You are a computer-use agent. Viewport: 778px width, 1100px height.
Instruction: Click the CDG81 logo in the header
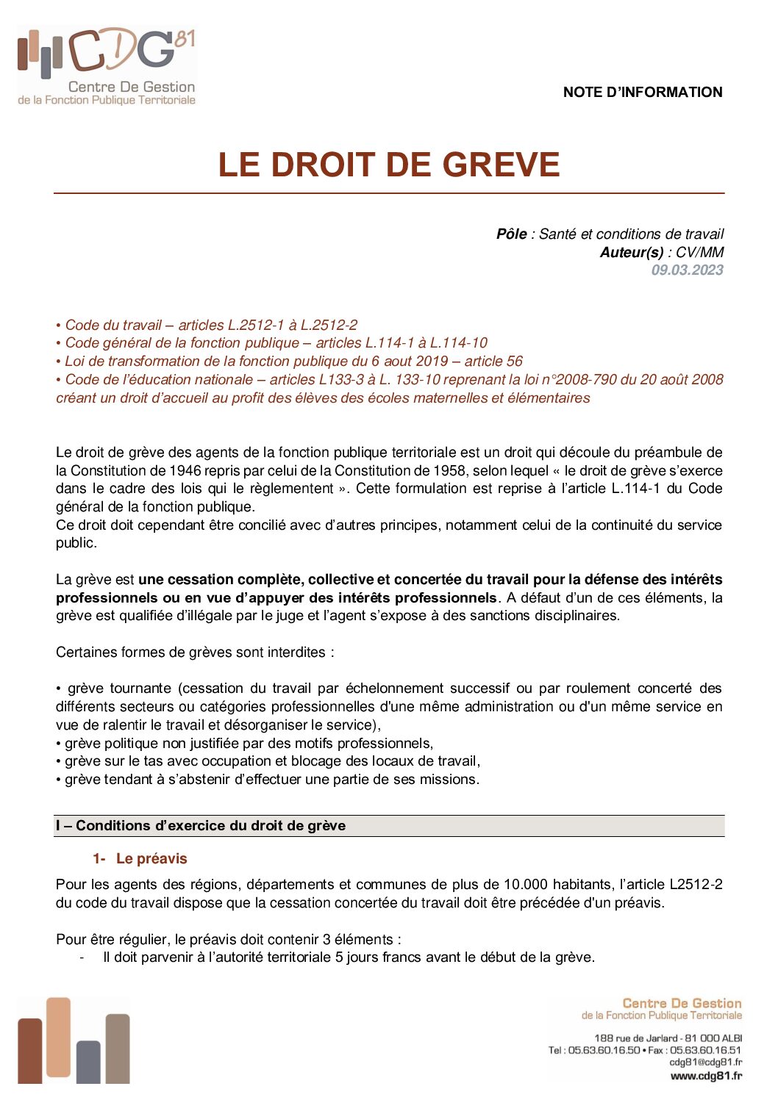coord(107,66)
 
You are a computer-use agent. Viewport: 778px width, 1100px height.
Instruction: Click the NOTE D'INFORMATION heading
coord(642,93)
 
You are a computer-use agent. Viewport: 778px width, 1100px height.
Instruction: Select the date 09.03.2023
coord(687,270)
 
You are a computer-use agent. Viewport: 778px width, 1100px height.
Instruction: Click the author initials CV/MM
coord(700,252)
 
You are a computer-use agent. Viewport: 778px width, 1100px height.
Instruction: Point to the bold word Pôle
coord(511,234)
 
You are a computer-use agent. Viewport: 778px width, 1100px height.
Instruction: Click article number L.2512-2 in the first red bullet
coord(329,325)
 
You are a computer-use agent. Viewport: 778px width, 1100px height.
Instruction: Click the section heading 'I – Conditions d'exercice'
coord(201,826)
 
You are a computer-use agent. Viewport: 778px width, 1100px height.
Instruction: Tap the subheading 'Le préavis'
coord(151,859)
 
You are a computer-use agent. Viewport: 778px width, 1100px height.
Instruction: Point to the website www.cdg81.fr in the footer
coord(705,1076)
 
